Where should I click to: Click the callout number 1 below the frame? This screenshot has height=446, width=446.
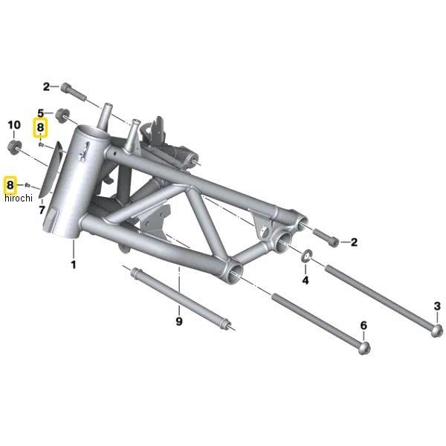(74, 265)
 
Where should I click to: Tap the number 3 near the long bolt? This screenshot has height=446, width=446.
(437, 306)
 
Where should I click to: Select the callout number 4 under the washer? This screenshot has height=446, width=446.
(306, 280)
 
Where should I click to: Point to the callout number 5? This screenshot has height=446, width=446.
(41, 113)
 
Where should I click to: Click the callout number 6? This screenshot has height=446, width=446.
(363, 325)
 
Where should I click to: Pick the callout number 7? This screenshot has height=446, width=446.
(42, 210)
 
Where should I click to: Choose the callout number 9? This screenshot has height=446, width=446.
(179, 321)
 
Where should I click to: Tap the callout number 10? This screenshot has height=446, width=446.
(14, 125)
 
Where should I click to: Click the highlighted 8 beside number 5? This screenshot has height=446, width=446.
(40, 127)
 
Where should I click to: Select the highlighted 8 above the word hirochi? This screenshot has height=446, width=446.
(10, 185)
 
